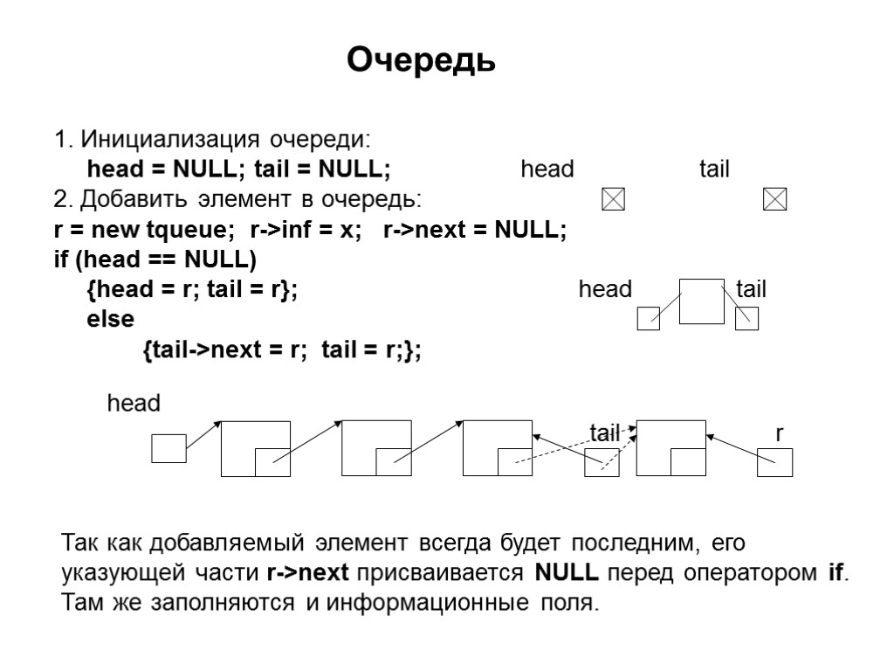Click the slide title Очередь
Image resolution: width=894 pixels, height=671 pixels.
tap(422, 60)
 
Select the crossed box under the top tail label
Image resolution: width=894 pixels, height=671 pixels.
tap(775, 200)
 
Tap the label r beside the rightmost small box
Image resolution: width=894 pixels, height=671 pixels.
tap(780, 434)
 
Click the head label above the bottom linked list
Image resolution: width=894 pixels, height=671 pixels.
tap(134, 403)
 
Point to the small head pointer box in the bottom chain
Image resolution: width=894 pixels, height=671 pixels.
tap(168, 448)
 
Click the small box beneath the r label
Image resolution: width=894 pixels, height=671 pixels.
tap(774, 463)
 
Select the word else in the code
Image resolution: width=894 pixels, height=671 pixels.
tap(111, 319)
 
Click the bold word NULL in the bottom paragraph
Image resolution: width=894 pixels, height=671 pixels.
tap(566, 574)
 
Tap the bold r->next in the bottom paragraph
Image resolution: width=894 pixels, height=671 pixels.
tap(307, 574)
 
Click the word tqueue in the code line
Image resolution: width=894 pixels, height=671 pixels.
tap(189, 230)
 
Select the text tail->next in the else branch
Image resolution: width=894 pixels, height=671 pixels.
tap(203, 350)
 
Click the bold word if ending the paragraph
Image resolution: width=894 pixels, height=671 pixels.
tap(836, 574)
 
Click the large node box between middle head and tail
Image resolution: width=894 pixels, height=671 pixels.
tap(702, 301)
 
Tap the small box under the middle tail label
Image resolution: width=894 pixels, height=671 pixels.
tap(747, 319)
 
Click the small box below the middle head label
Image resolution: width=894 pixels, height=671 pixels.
tap(649, 319)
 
